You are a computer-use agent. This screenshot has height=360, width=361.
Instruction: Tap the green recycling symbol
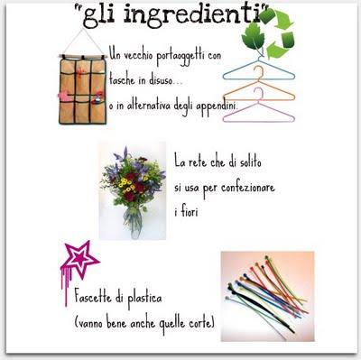[x=269, y=33]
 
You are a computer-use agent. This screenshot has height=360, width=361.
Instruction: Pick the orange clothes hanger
[x=258, y=90]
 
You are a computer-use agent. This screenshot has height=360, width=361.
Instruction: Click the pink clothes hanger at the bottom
[x=259, y=112]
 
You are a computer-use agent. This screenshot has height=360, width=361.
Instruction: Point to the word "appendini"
[x=216, y=106]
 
